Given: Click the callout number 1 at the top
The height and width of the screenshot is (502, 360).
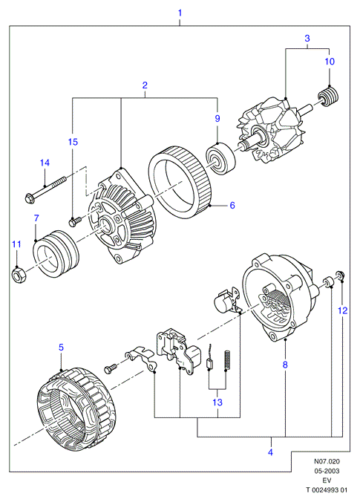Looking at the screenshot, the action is pyautogui.click(x=180, y=13).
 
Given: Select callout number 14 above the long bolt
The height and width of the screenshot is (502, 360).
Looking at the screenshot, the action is pyautogui.click(x=45, y=163).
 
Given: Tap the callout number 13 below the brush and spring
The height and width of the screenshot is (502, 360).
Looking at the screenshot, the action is pyautogui.click(x=217, y=402).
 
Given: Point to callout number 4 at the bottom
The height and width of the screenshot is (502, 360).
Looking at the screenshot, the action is pyautogui.click(x=270, y=452).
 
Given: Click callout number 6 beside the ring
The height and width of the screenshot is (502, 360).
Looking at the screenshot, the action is pyautogui.click(x=232, y=205).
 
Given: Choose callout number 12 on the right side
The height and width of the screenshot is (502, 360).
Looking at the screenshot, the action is pyautogui.click(x=343, y=310).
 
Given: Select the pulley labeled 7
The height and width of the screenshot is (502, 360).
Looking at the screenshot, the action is pyautogui.click(x=56, y=253).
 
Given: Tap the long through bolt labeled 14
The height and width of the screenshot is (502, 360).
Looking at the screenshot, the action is pyautogui.click(x=45, y=189).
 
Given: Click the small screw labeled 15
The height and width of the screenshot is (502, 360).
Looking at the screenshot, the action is pyautogui.click(x=75, y=221).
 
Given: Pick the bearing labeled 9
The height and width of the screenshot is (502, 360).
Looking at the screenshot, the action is pyautogui.click(x=221, y=160).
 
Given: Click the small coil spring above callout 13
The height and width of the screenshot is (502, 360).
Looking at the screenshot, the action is pyautogui.click(x=228, y=360).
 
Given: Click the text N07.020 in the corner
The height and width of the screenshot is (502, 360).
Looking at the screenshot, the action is pyautogui.click(x=327, y=461).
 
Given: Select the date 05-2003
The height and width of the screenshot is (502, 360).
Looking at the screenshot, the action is pyautogui.click(x=327, y=471).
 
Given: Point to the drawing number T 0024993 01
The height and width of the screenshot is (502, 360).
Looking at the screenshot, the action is pyautogui.click(x=327, y=490).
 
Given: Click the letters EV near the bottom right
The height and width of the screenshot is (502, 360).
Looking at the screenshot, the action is pyautogui.click(x=327, y=480).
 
